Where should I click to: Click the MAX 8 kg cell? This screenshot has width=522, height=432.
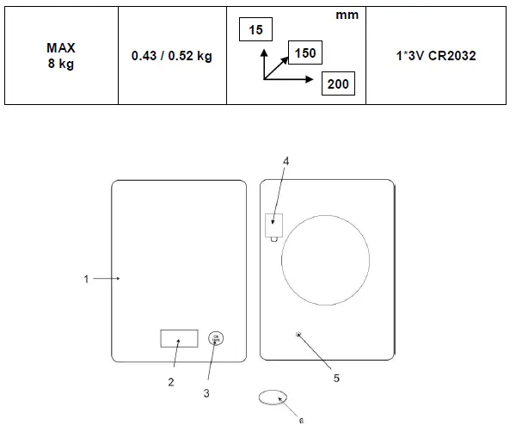tap(60, 56)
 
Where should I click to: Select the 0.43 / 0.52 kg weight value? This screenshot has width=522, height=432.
tap(172, 56)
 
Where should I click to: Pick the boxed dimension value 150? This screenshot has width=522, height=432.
tap(304, 53)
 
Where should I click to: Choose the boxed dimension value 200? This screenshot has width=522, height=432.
tap(337, 83)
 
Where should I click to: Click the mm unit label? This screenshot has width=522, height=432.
tap(347, 15)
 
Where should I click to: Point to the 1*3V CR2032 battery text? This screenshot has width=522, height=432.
tap(439, 56)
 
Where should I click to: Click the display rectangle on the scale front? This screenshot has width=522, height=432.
tap(179, 338)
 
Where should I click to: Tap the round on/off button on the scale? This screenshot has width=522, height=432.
tap(216, 338)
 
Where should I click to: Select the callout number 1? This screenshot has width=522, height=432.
tap(86, 279)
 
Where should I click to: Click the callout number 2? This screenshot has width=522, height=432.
tap(170, 382)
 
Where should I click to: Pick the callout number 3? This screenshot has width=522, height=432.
tap(206, 393)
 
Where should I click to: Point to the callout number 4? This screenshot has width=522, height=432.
tap(286, 160)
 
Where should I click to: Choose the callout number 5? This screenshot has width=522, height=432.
tap(336, 377)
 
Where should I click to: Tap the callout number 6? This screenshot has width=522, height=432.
tap(301, 421)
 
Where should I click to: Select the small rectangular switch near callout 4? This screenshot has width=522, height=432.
tap(274, 224)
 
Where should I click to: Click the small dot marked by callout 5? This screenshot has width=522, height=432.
tap(298, 335)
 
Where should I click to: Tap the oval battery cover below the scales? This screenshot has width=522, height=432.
tap(273, 398)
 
